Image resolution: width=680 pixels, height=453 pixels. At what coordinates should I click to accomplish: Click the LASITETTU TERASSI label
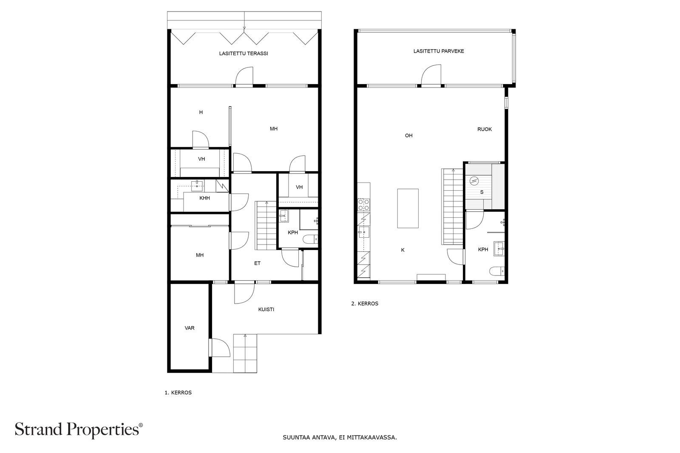(x=244, y=53)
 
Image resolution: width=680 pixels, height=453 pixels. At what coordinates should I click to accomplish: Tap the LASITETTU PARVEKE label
(x=439, y=51)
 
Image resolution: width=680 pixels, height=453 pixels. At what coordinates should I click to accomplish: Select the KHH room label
(x=204, y=198)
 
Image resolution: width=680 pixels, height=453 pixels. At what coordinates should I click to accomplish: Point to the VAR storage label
(x=190, y=328)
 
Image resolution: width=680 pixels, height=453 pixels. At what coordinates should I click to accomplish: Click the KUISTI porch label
(x=266, y=310)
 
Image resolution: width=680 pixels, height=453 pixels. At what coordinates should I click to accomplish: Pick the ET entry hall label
(x=257, y=263)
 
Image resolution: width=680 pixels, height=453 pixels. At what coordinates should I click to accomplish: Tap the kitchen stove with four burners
(x=363, y=205)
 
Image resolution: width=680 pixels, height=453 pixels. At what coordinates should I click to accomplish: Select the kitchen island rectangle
(x=408, y=208)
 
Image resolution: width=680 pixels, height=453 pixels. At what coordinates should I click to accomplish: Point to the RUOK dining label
(x=484, y=129)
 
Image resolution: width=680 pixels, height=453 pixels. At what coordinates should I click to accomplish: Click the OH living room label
(x=408, y=135)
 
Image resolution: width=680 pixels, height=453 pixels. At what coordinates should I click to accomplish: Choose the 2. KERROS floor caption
(x=364, y=304)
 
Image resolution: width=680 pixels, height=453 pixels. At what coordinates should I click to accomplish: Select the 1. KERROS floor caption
(x=178, y=393)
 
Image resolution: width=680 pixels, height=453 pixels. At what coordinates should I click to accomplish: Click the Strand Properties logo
(x=79, y=430)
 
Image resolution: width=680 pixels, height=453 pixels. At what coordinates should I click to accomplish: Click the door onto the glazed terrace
(x=244, y=76)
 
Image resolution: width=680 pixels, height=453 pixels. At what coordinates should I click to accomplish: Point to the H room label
(x=201, y=113)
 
